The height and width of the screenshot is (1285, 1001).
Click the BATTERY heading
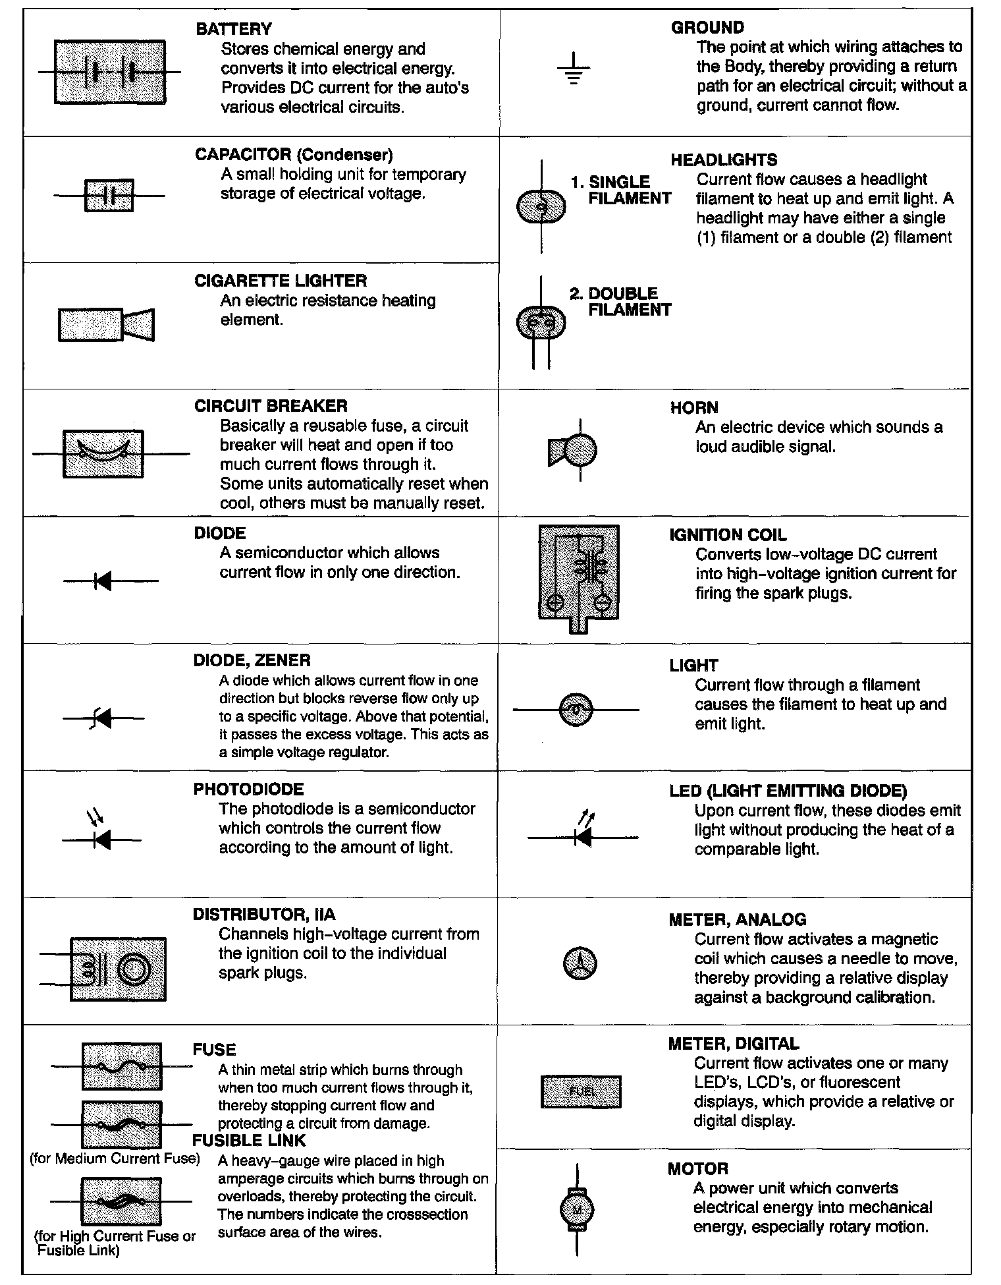tap(234, 29)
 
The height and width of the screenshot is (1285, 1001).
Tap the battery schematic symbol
tap(109, 72)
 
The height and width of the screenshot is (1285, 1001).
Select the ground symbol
tap(574, 71)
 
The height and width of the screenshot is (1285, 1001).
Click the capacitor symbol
tap(109, 195)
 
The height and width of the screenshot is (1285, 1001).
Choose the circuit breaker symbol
tap(103, 453)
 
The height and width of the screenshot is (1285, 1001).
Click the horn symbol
tap(573, 450)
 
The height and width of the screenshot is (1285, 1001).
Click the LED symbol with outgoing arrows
tap(582, 832)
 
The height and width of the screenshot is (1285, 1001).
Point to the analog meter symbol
tap(580, 964)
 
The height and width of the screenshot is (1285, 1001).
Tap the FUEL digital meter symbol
tap(581, 1091)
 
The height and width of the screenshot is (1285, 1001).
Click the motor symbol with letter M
tap(576, 1210)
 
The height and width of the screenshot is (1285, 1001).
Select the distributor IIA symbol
tap(118, 969)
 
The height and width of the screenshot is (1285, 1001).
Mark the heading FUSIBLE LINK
tap(249, 1141)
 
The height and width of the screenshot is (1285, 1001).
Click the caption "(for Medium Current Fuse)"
tap(115, 1158)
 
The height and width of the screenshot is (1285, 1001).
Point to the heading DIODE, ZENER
tap(252, 660)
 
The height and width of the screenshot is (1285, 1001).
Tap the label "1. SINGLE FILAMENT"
tap(621, 190)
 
